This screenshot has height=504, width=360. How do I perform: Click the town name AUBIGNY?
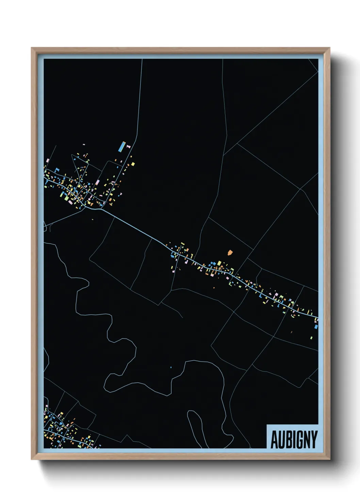coord(294,439)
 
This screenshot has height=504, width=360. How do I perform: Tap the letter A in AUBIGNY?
coord(275,440)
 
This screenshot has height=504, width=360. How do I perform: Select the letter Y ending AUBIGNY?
coord(314,440)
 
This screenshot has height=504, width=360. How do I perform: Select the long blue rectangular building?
coord(121,146)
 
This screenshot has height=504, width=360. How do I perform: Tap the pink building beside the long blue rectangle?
coord(128,146)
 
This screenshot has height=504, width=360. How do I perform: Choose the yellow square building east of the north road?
coord(133,164)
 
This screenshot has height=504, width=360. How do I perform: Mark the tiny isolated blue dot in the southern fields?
coord(171,367)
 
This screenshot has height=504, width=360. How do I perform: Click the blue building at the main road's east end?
coord(316,327)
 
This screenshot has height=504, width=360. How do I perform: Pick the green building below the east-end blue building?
coord(311,337)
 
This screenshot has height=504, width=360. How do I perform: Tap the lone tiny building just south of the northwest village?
coord(93,219)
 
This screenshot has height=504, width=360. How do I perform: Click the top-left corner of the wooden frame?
coord(32,48)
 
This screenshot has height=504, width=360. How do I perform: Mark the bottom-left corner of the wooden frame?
coord(32,459)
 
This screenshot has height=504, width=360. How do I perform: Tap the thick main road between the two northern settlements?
coord(136,227)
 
